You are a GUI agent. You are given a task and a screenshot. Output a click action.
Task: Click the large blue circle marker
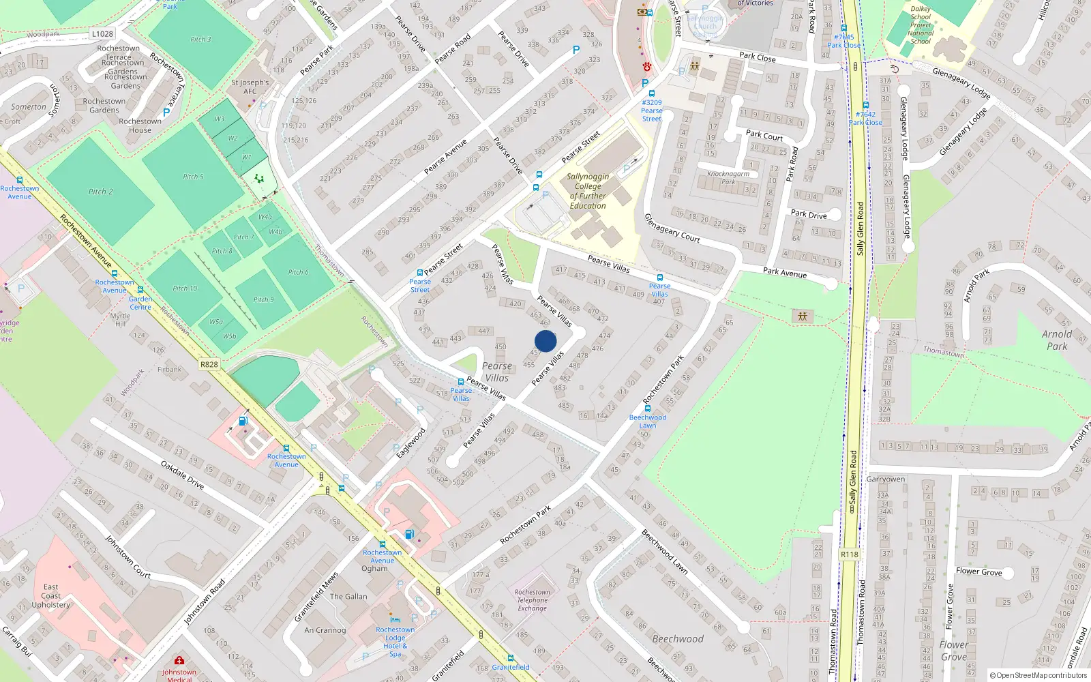[545, 341]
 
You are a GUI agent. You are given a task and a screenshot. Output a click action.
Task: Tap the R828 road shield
[209, 364]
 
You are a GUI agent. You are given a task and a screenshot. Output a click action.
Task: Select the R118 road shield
[849, 554]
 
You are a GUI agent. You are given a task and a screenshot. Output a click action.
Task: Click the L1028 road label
[102, 33]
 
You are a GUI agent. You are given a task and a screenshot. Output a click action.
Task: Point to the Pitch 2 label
[100, 192]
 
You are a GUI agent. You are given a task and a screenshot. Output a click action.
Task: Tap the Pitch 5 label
[193, 177]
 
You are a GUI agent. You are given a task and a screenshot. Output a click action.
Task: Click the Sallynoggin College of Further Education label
[588, 191]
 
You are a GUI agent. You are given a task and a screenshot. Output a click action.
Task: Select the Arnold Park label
[1057, 340]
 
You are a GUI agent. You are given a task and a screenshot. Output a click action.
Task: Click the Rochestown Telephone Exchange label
[533, 600]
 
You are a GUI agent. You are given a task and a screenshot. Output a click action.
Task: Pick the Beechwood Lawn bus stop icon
[647, 409]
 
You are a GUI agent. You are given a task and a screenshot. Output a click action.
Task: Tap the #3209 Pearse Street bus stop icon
[651, 93]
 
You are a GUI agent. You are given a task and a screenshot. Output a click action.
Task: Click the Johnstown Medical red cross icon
[179, 661]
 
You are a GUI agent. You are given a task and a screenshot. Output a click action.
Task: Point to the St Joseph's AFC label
[250, 87]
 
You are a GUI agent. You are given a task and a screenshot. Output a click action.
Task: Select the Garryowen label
[886, 479]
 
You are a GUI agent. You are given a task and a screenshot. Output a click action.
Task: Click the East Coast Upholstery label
[51, 595]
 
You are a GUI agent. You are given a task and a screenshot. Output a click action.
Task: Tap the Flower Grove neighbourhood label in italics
[953, 651]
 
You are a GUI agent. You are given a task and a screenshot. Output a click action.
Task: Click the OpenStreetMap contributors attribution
[1038, 675]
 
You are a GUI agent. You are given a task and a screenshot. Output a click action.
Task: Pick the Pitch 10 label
[185, 288]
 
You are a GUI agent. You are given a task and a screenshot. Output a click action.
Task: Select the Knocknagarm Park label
[728, 177]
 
